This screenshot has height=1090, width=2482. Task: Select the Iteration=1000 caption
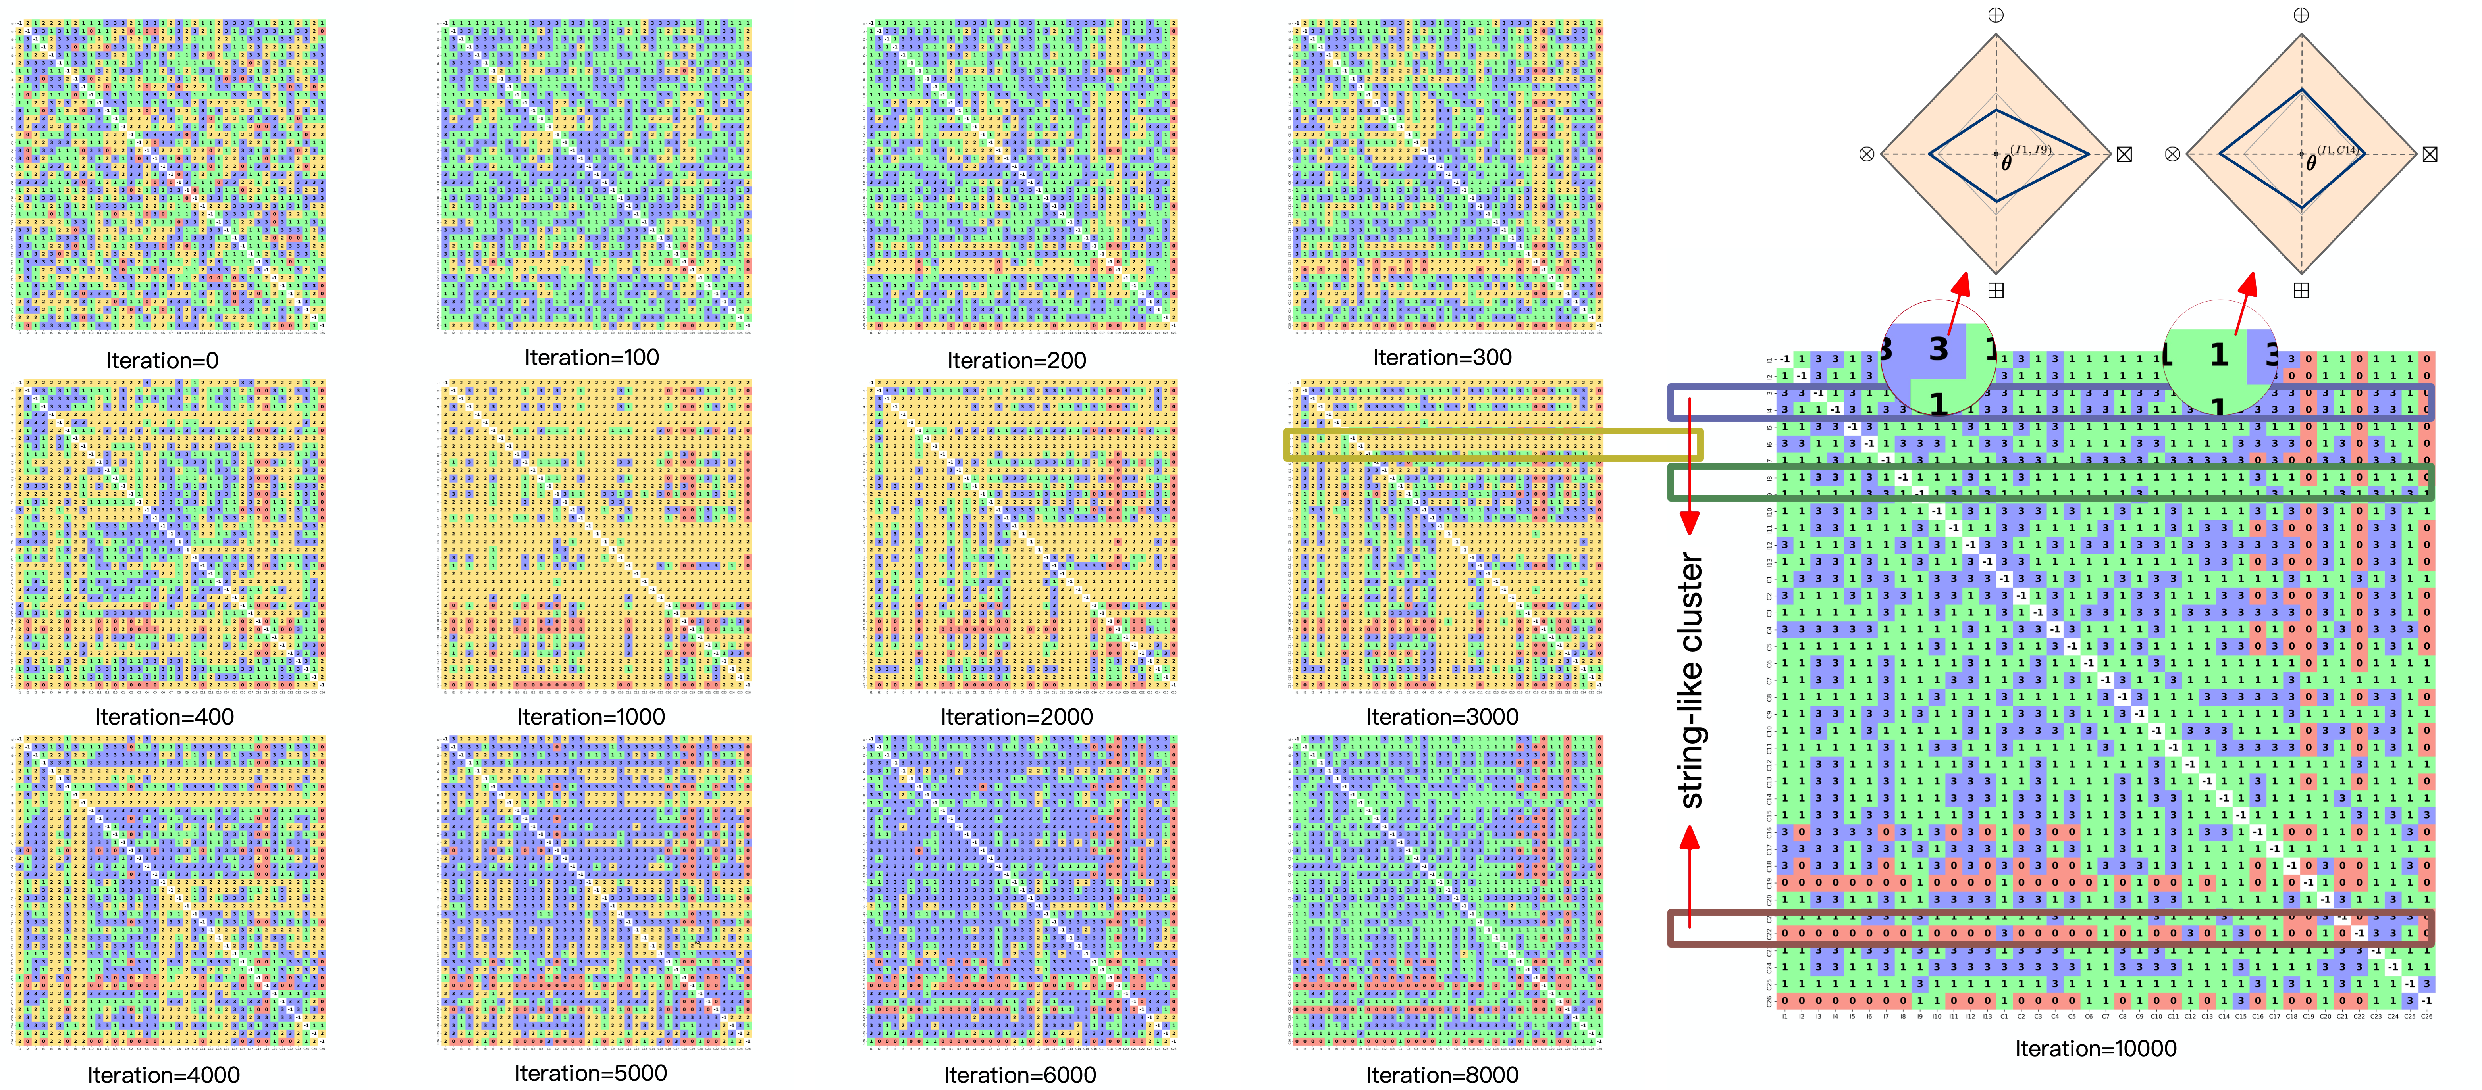point(591,717)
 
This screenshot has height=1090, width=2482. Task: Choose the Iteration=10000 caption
point(2096,1049)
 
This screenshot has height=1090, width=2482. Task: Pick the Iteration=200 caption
point(1017,361)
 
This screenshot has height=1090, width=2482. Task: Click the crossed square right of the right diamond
point(2430,154)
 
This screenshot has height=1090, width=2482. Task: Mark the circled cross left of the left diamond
point(1866,154)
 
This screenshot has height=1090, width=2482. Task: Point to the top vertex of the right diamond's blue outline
point(2302,90)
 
